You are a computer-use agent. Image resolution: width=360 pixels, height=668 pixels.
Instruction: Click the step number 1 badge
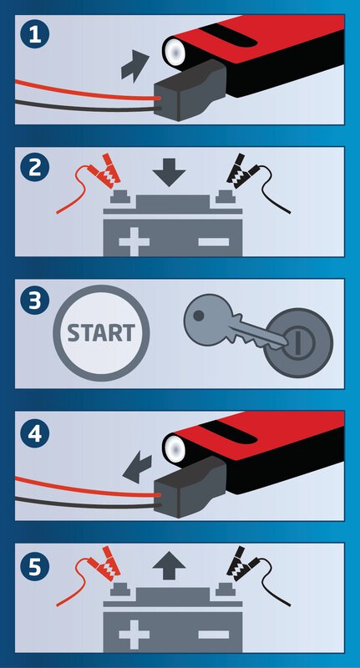(x=35, y=35)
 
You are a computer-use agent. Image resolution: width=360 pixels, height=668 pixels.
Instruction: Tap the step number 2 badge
(x=35, y=168)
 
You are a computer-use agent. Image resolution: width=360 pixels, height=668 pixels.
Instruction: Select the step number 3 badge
(x=35, y=300)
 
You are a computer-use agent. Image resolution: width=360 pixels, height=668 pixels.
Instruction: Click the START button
(x=101, y=333)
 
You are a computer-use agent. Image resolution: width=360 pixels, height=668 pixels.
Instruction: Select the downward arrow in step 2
(x=169, y=172)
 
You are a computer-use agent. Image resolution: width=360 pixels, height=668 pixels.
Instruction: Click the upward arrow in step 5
(x=169, y=565)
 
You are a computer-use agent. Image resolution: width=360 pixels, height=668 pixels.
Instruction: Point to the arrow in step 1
(x=134, y=67)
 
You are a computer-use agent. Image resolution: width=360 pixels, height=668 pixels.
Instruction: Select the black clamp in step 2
(x=241, y=171)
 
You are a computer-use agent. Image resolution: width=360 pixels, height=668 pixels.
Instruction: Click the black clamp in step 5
(x=241, y=564)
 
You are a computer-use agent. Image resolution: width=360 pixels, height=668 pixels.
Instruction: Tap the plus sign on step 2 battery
(x=134, y=241)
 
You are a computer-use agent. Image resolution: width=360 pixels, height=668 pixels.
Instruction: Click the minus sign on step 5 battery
(x=214, y=635)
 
